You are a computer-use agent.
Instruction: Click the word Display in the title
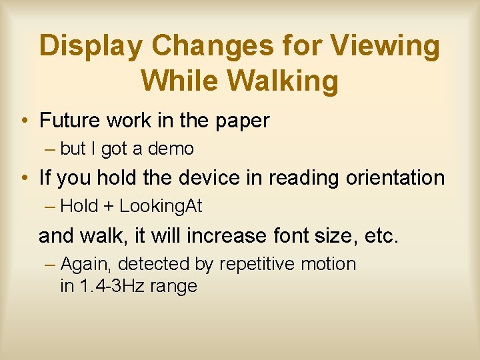coord(90,47)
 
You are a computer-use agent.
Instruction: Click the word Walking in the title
coord(283,81)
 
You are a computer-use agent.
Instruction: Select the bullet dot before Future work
coord(25,121)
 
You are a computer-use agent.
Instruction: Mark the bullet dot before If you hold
coord(25,179)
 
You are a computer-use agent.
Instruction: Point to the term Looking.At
coord(161,207)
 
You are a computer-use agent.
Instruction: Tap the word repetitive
coord(257,264)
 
